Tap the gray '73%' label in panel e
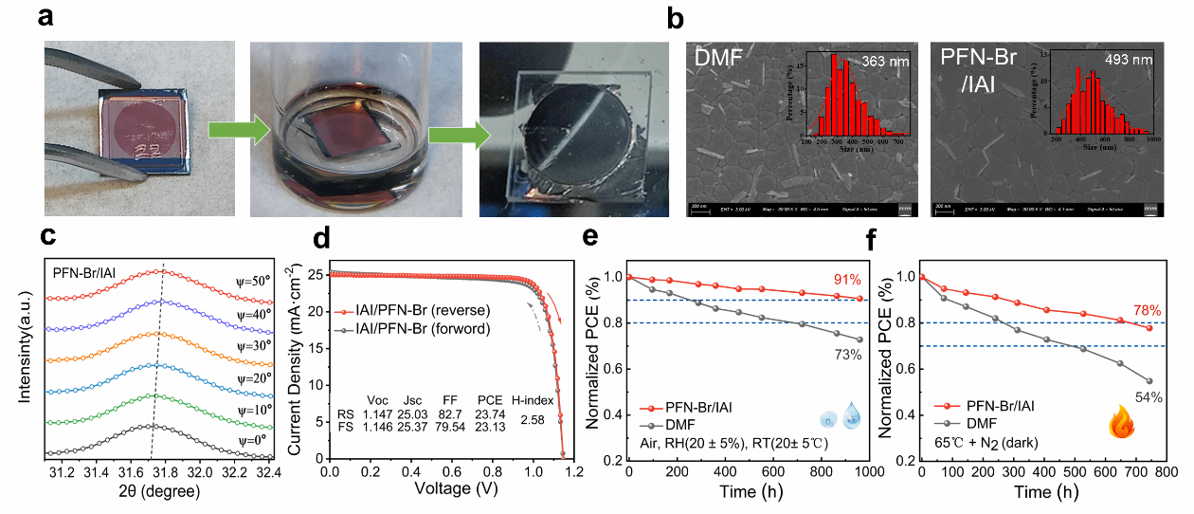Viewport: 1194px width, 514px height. (x=847, y=355)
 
